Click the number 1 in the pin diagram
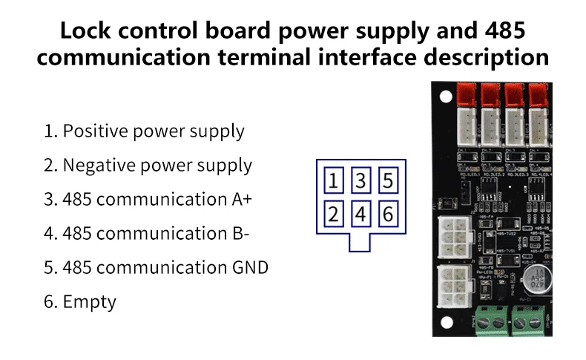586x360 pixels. click(x=335, y=181)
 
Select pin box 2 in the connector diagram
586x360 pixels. click(x=335, y=215)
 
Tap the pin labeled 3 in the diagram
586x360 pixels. click(x=361, y=181)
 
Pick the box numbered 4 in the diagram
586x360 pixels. click(x=361, y=215)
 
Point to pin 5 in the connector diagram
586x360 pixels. click(x=388, y=181)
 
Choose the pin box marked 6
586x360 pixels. click(x=388, y=215)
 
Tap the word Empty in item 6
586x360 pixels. click(x=90, y=301)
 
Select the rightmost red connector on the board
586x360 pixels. click(x=537, y=94)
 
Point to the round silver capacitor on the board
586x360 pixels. click(x=533, y=279)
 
